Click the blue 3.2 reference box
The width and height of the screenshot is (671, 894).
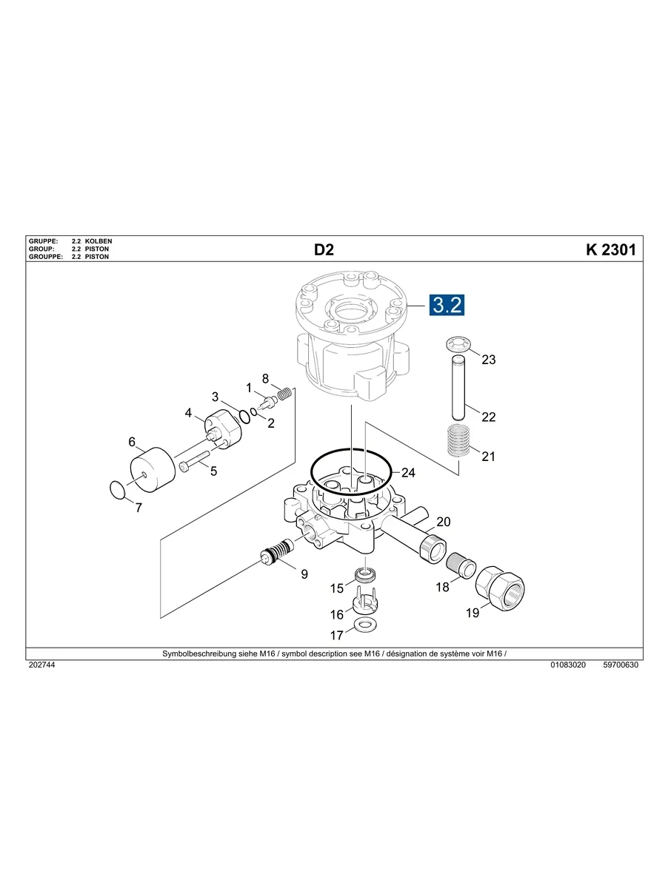pos(447,305)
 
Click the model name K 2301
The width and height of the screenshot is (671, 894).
pos(610,249)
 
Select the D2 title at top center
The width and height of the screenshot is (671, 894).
pos(324,249)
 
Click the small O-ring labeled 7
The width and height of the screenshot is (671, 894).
pos(117,490)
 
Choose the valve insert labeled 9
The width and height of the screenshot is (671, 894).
pos(278,555)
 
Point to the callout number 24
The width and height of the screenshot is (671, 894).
pos(409,473)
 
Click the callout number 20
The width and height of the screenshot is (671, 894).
pos(443,522)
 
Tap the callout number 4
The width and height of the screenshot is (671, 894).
pos(189,413)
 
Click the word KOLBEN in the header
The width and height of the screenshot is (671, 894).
pos(99,242)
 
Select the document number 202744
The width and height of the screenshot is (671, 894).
pos(41,665)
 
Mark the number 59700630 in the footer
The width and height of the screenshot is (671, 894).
pos(621,665)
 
